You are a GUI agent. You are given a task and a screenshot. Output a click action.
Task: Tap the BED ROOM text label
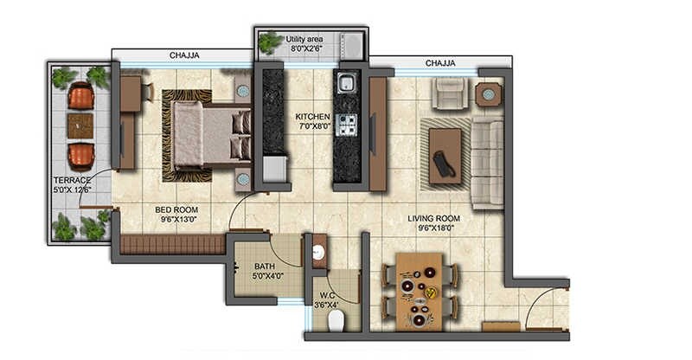tap(176, 209)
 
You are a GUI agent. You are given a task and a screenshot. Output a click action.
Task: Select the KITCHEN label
tap(312, 116)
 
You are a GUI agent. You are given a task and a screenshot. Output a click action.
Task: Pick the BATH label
tap(265, 267)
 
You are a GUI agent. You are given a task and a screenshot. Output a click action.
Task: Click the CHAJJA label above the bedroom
tap(183, 55)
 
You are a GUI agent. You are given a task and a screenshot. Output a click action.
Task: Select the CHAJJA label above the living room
tap(441, 63)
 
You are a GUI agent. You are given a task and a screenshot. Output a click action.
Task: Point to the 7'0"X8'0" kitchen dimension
tap(312, 126)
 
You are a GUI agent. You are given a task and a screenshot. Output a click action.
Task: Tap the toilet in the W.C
tap(336, 319)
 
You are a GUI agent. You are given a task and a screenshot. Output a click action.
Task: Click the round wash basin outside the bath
tap(318, 253)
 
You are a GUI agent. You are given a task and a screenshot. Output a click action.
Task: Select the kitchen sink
tap(347, 83)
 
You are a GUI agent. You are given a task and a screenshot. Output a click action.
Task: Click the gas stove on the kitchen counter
tap(348, 125)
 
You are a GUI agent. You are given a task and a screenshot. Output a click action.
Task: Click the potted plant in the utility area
tap(271, 41)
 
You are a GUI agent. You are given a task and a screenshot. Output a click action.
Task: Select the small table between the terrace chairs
tap(80, 125)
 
